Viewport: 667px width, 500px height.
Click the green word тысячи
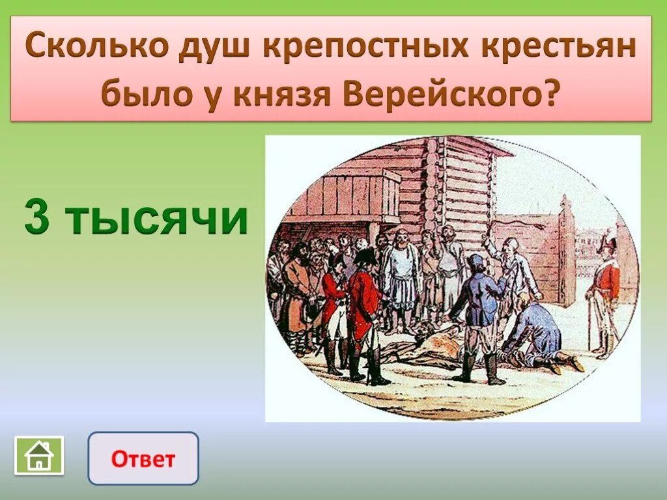coord(156,218)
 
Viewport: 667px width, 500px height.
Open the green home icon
coord(39,455)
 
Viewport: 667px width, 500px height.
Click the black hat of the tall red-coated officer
coord(365,256)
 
